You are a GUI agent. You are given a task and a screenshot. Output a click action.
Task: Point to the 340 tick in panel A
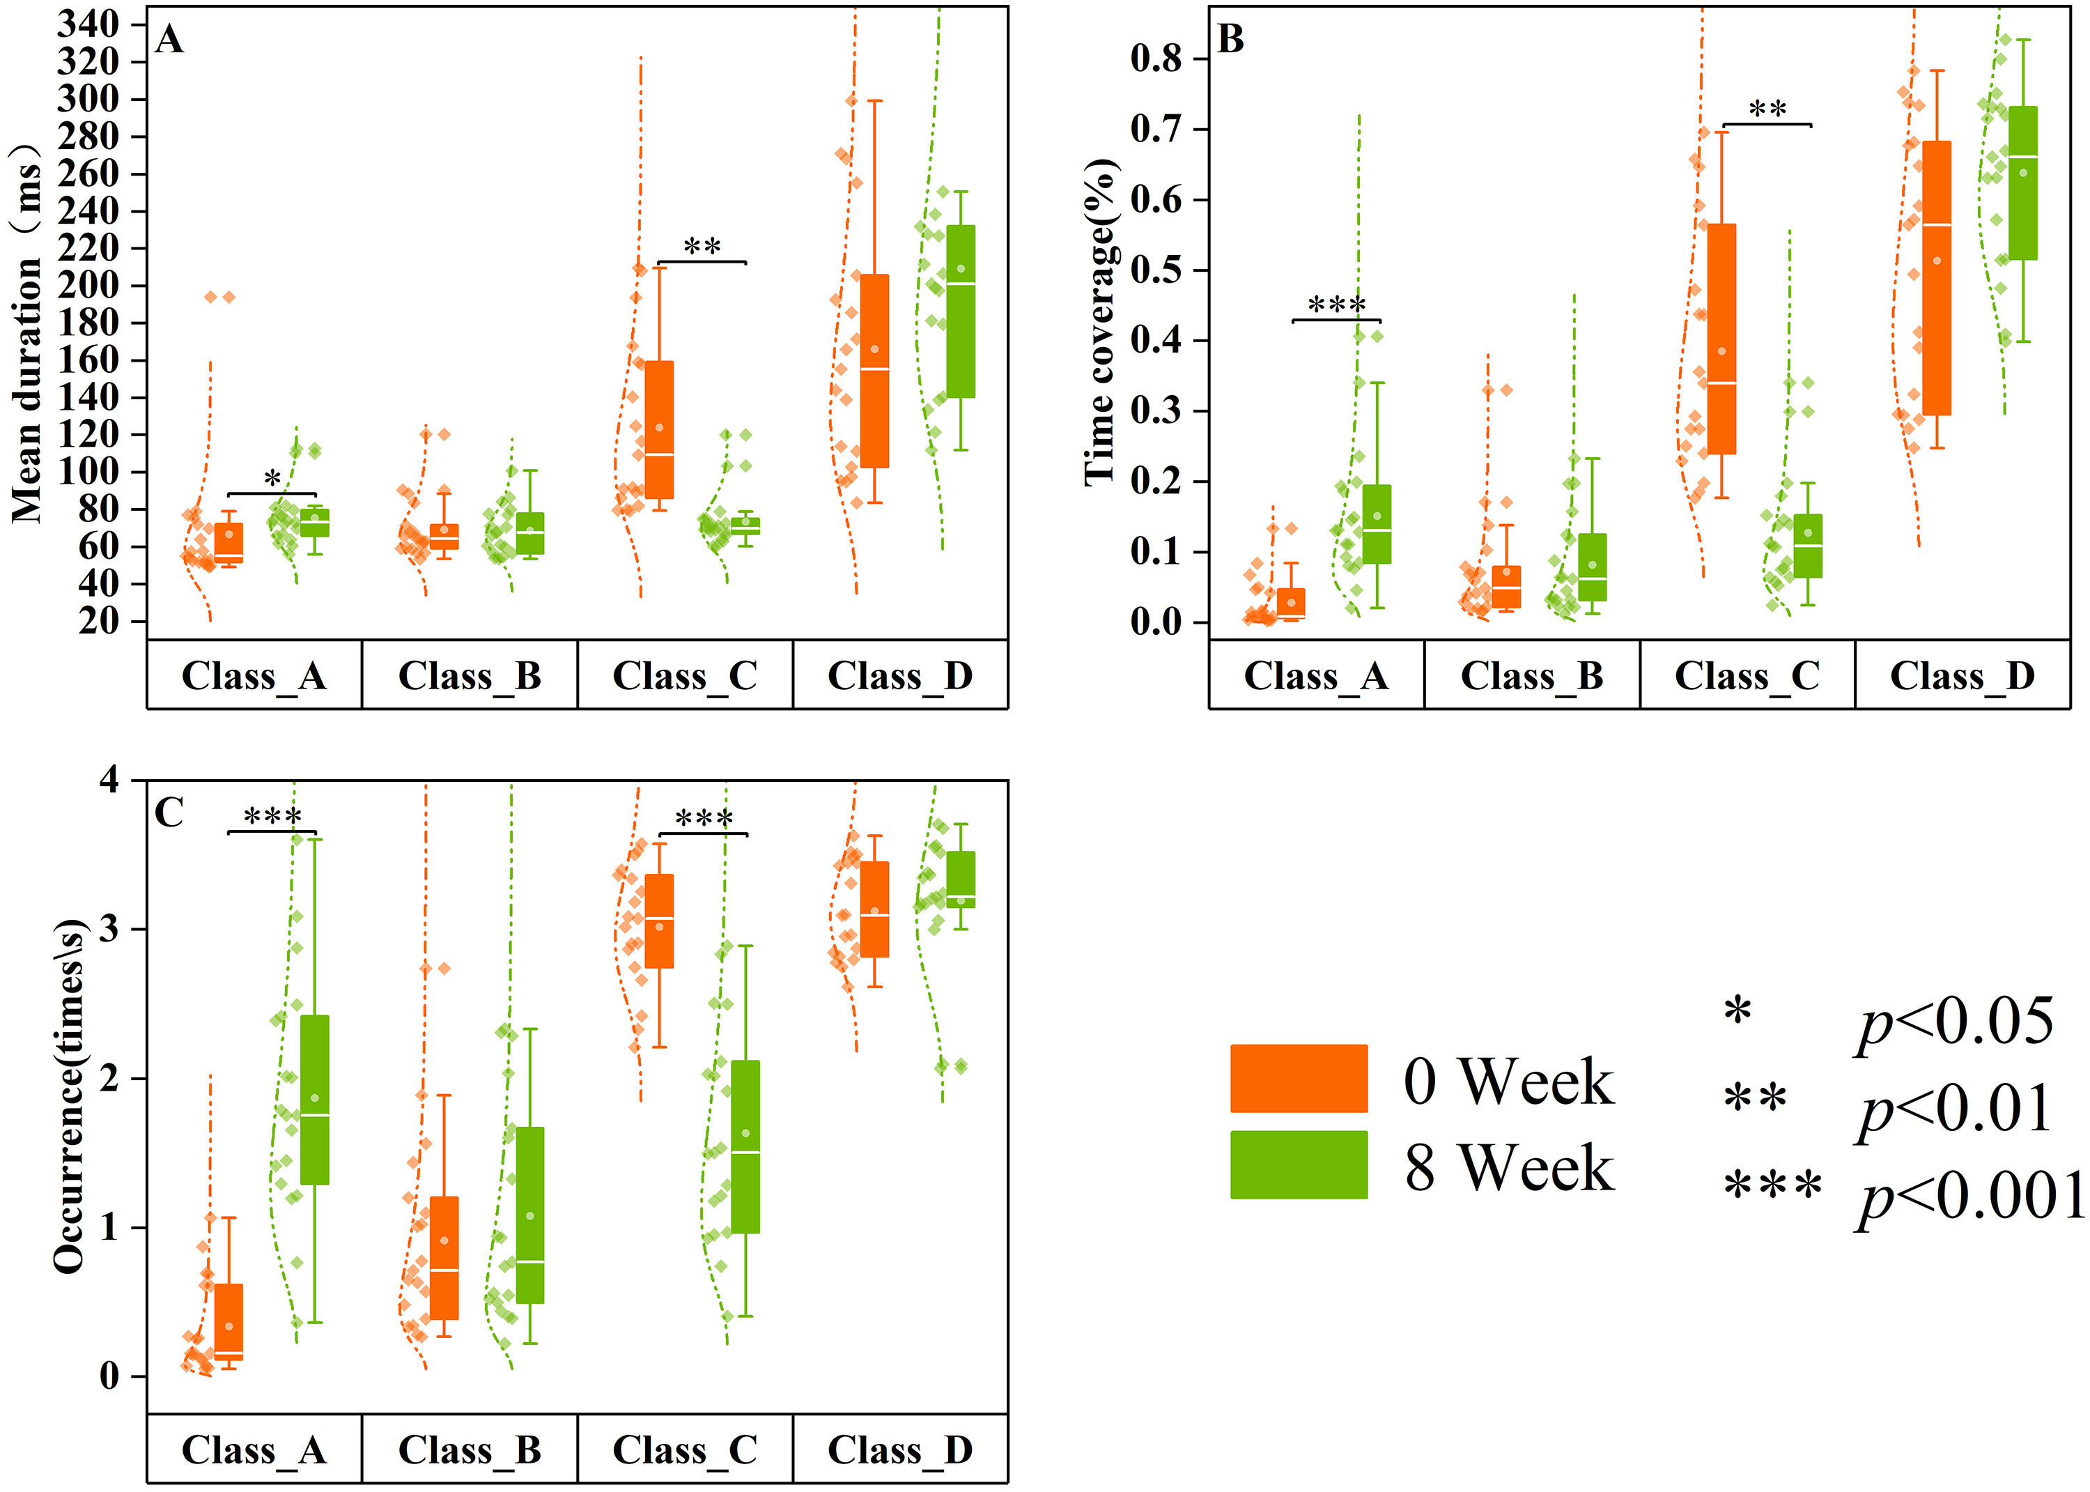[x=88, y=25]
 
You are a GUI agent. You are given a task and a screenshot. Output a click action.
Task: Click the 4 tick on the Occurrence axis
[x=109, y=781]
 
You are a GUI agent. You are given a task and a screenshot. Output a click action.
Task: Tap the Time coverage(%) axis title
[x=1099, y=321]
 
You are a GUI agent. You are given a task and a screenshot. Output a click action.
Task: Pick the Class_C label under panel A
[x=684, y=676]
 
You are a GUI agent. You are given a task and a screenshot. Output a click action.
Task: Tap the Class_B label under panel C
[x=470, y=1449]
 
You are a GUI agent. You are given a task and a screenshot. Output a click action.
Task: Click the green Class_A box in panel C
[x=315, y=1100]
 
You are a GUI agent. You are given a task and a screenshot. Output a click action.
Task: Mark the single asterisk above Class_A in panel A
[x=272, y=479]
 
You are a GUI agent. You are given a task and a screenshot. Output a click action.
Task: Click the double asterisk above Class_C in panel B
[x=1767, y=110]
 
